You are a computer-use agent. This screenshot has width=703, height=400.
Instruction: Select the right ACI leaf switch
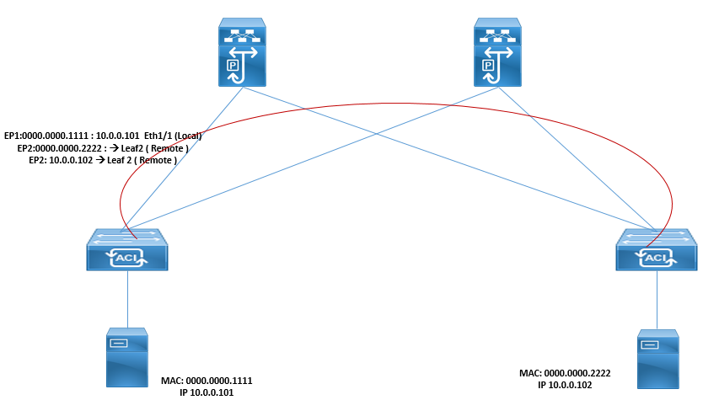pos(655,248)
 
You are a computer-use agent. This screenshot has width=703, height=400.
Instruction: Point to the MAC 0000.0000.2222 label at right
pos(565,372)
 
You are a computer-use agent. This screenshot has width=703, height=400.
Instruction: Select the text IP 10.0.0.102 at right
pos(565,384)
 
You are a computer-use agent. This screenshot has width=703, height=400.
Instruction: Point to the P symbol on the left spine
pos(228,64)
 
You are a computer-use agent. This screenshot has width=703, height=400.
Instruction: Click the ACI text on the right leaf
pos(654,256)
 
